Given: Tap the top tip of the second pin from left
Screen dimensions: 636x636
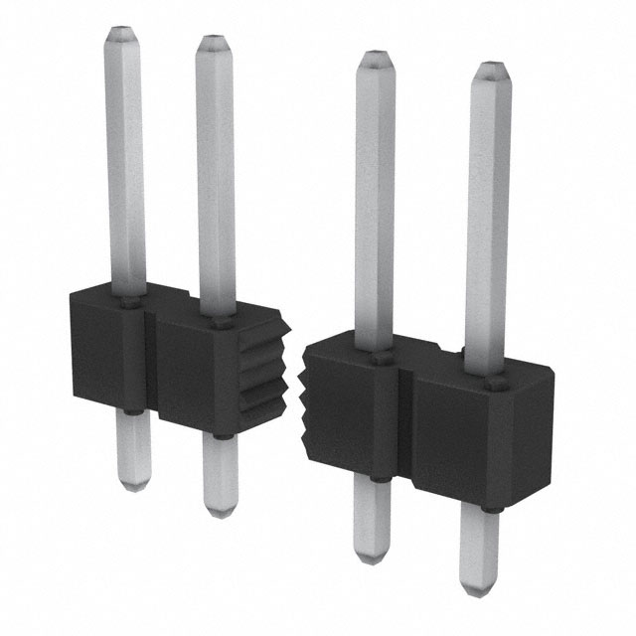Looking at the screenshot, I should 213,44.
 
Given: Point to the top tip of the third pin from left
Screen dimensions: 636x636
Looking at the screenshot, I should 376,58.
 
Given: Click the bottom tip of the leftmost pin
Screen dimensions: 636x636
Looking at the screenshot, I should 130,485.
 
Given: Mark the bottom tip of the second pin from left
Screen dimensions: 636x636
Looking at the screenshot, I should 221,509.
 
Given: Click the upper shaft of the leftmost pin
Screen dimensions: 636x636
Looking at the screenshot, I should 125,159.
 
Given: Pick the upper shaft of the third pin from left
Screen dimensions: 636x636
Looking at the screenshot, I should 375,199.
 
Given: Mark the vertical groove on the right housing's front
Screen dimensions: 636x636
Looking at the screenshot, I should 405,427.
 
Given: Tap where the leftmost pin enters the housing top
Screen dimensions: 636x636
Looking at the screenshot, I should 128,298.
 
